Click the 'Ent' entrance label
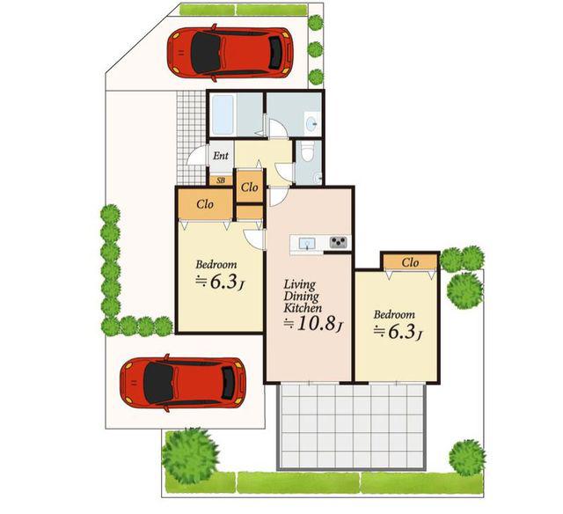tap(221, 156)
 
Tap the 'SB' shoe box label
tap(221, 180)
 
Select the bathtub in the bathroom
tap(223, 114)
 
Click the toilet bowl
tap(308, 151)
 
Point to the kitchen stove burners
tap(339, 242)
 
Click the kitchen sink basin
tap(307, 243)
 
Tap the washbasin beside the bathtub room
tap(311, 123)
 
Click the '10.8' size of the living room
tap(314, 324)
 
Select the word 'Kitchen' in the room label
tap(303, 308)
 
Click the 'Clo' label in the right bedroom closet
tap(410, 262)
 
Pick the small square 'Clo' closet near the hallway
tap(250, 187)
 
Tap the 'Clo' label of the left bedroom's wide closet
tap(205, 204)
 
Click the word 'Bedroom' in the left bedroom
tap(216, 265)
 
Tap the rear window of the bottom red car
tap(229, 383)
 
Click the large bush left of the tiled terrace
tap(190, 455)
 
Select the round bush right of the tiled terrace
tap(467, 458)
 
